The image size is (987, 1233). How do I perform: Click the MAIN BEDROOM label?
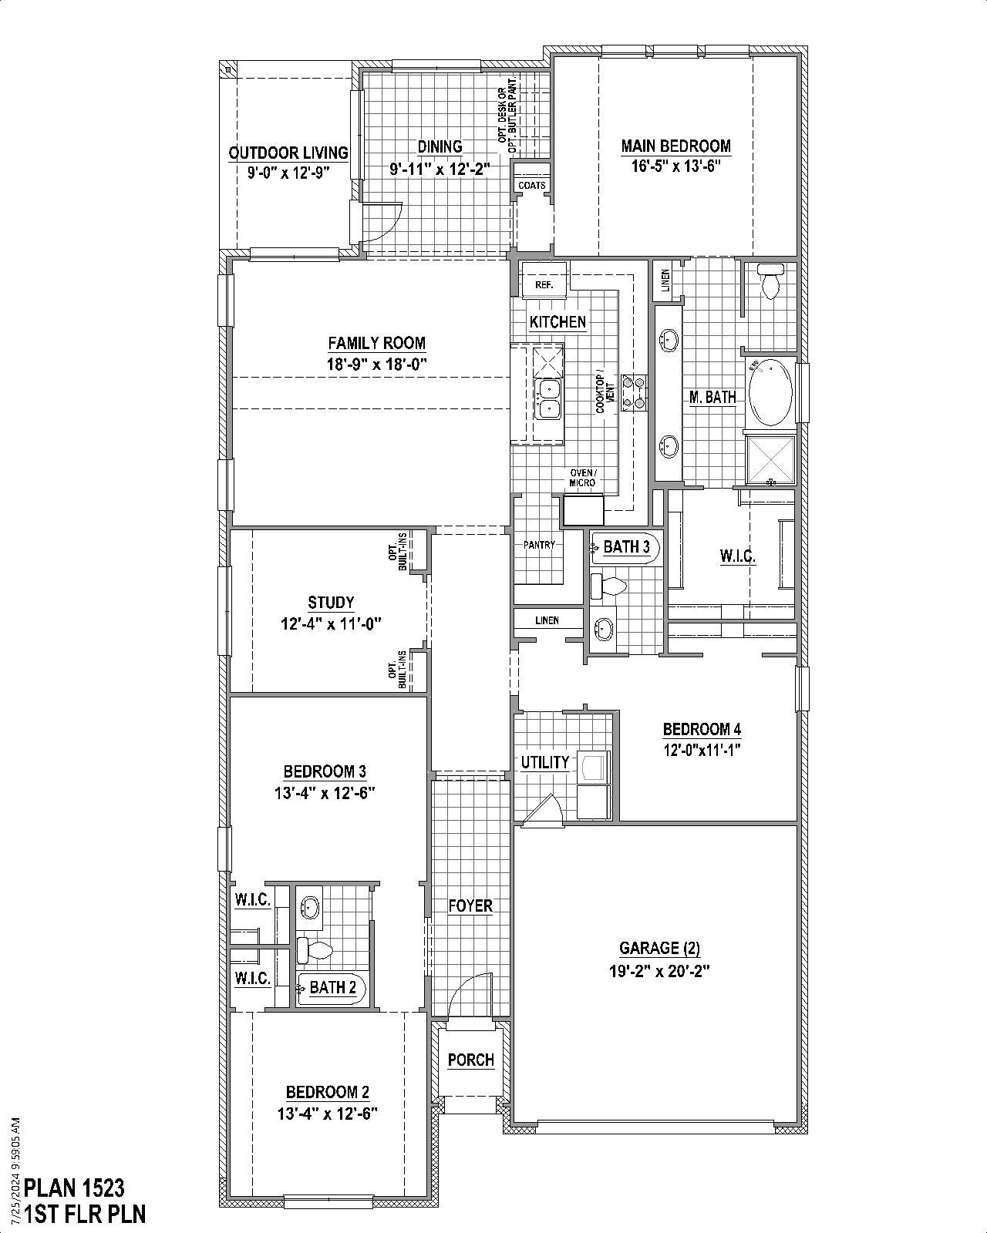675,146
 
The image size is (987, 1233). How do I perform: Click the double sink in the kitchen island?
548,398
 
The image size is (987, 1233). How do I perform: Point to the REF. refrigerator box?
544,284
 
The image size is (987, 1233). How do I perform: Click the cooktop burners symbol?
632,391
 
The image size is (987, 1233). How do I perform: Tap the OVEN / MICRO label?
582,478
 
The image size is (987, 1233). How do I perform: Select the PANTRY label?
538,545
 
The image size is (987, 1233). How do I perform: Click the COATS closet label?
531,186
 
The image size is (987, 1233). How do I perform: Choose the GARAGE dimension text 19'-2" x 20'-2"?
659,971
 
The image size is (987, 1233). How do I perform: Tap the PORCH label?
470,1060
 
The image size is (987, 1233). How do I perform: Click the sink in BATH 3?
602,629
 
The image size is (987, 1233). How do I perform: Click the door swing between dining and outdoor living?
382,223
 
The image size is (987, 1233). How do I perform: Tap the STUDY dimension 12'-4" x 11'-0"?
331,623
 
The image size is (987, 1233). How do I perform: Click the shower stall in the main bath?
771,459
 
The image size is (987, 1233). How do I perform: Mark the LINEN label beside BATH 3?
547,620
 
